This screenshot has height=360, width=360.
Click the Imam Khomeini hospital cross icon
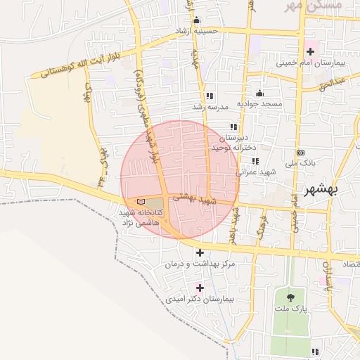point(310,51)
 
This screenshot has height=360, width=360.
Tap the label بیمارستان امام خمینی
point(310,64)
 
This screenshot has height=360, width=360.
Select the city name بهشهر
point(322,190)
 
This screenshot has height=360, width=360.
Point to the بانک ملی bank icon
point(301,153)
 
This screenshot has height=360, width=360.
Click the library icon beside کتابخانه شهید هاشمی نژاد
point(141,202)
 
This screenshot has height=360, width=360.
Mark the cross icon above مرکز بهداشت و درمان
point(200,252)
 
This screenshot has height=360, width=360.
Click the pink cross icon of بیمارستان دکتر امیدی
point(200,288)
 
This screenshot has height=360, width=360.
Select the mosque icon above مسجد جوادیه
point(259,94)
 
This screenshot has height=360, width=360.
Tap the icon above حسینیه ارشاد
point(196,20)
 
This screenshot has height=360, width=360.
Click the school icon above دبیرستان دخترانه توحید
point(233,127)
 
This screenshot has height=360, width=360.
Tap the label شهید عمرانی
point(250,171)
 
